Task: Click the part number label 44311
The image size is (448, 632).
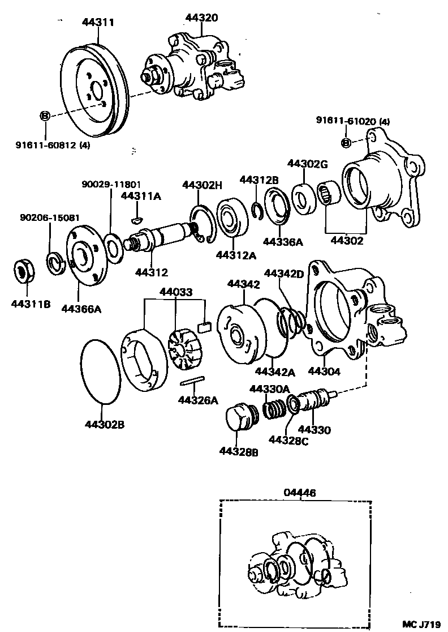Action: [x=98, y=23]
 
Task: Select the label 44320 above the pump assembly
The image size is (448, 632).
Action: [x=201, y=18]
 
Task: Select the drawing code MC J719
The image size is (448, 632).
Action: [x=421, y=624]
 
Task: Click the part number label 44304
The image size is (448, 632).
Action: [x=325, y=371]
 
